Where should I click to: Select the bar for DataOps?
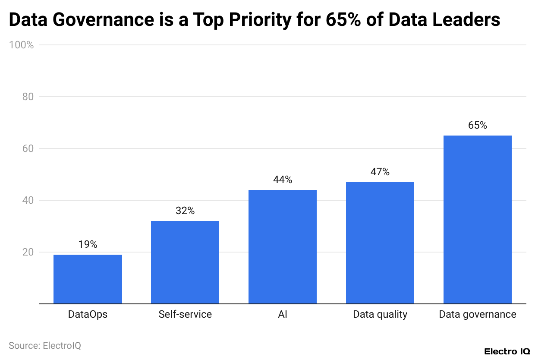pos(88,279)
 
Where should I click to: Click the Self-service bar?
pos(185,262)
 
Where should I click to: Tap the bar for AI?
pos(283,246)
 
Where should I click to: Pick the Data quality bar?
pos(380,243)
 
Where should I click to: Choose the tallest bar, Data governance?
pos(478,219)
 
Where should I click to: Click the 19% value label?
pos(88,244)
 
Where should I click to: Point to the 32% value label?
pos(185,211)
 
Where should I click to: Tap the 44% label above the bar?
pos(283,180)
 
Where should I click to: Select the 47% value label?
pos(380,172)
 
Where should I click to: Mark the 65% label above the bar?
pos(478,125)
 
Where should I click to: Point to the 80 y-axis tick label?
pos(28,97)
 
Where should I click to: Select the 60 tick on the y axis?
pos(28,148)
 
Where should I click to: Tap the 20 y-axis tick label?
pos(28,252)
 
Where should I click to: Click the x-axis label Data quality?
pos(380,314)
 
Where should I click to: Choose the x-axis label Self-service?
pos(185,314)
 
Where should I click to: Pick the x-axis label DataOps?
pos(88,314)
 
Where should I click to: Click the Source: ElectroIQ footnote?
pos(45,345)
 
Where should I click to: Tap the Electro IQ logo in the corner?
pos(507,351)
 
